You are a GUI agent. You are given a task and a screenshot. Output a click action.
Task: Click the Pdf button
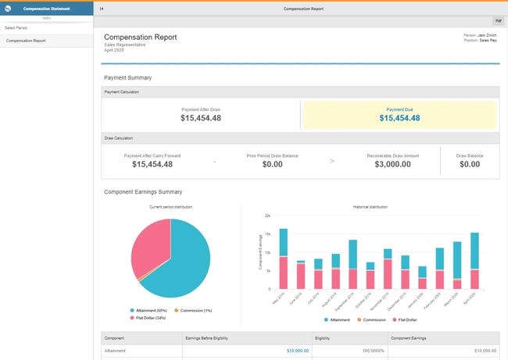(x=498, y=21)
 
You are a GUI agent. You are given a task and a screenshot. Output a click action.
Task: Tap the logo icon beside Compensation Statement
(x=8, y=9)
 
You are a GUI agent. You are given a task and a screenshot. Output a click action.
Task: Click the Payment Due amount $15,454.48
(x=399, y=118)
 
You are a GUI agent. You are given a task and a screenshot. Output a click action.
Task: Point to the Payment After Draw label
(x=201, y=109)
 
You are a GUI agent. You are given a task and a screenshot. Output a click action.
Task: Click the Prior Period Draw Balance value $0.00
(x=272, y=164)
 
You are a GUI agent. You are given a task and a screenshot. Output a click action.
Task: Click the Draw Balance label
(x=470, y=155)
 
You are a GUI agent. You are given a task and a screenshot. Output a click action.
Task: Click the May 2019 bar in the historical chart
(x=283, y=258)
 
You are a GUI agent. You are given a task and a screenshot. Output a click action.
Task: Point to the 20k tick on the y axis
(x=267, y=215)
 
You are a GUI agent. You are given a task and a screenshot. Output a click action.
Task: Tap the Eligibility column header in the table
(x=324, y=337)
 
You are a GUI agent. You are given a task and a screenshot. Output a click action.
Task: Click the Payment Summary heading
(x=127, y=78)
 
